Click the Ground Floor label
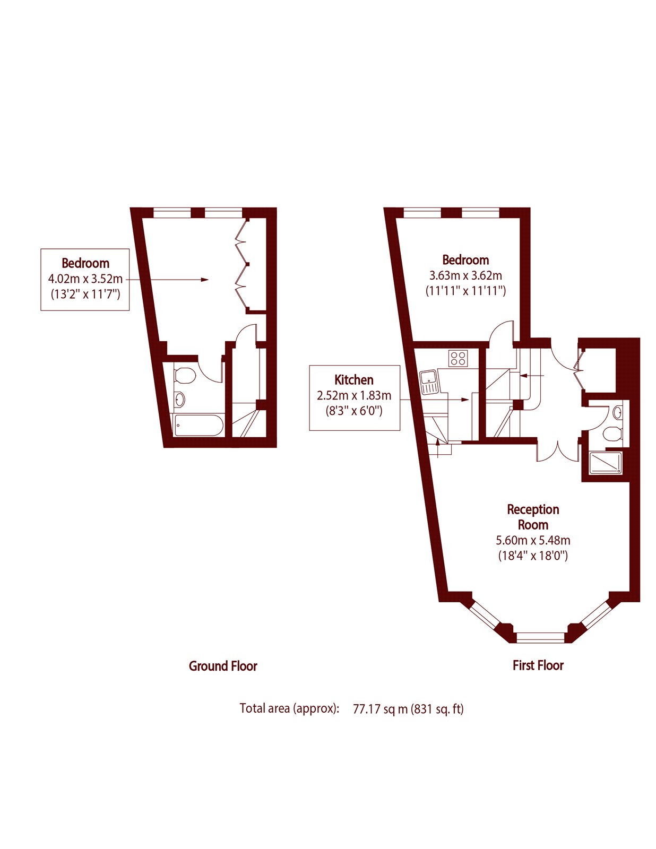(x=223, y=666)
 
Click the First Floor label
(x=538, y=665)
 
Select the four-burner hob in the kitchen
(x=458, y=358)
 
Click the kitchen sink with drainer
(x=429, y=383)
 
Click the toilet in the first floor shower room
(x=613, y=434)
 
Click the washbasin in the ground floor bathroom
(x=180, y=399)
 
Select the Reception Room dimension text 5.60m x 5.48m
(x=533, y=541)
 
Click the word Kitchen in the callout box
(x=354, y=380)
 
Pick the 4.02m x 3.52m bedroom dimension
(x=85, y=279)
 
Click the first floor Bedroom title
(x=465, y=260)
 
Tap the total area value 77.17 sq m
(x=380, y=709)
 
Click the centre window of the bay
(x=540, y=637)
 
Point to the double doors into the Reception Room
(x=557, y=451)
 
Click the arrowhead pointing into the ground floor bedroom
(x=205, y=280)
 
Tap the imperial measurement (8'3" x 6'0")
(x=354, y=410)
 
